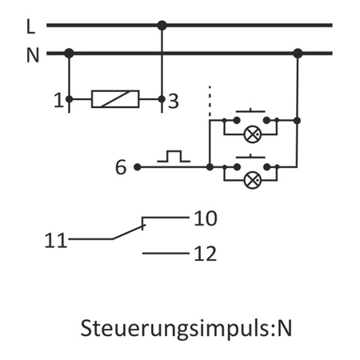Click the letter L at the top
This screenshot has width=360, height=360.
30,26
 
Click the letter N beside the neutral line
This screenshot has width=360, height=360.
32,54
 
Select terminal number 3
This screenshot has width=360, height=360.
174,101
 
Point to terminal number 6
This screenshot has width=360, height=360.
121,167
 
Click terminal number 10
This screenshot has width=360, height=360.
206,218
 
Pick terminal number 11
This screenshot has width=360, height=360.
55,238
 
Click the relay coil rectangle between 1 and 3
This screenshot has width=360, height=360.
116,99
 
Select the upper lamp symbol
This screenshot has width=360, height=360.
252,133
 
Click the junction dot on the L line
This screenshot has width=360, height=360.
162,26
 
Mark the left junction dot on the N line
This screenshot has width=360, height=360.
70,54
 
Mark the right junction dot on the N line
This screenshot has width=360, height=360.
298,54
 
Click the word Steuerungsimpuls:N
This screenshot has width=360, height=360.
181,328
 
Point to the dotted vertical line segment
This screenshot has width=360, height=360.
209,100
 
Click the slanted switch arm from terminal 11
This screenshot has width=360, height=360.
128,232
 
